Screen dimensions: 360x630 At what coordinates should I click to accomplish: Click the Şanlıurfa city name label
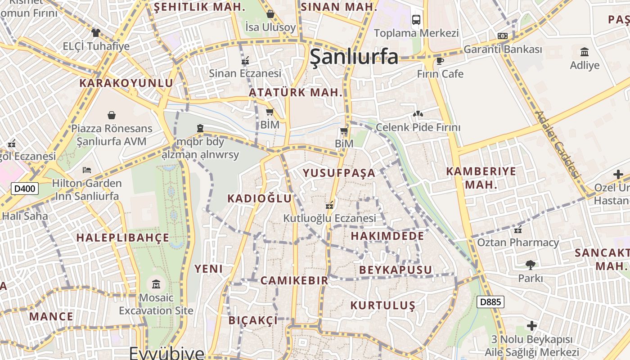coord(354,57)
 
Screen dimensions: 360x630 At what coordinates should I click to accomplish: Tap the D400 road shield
coord(25,189)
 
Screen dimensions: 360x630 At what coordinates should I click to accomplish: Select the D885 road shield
coord(490,302)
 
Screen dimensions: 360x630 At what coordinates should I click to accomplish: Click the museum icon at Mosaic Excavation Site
coord(156,284)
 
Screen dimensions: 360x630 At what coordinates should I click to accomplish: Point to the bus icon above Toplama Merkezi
coord(416,20)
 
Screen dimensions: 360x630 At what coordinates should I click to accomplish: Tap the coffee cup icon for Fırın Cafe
coord(440,60)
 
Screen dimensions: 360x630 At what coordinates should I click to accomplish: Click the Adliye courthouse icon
coord(585,52)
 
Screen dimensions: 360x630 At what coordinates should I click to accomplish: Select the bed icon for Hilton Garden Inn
coord(87,170)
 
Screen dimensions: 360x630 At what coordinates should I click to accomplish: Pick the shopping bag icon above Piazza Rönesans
coord(112,115)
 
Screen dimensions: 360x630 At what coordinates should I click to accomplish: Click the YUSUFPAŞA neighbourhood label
coord(339,173)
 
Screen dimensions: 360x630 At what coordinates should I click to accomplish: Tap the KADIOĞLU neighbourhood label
coord(260,198)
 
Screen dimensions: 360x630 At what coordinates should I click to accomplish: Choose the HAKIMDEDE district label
coord(387,236)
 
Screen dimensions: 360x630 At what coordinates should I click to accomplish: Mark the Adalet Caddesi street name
coord(558,144)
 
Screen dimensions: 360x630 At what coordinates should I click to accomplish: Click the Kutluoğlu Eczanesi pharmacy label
coord(329,218)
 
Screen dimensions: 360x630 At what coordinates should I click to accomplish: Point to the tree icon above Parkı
coord(531,265)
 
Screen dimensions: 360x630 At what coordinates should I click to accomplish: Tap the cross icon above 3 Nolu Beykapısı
coord(532,325)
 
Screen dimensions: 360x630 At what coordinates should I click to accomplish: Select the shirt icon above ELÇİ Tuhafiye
coord(96,32)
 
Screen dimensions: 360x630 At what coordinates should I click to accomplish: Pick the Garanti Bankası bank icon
coord(503,36)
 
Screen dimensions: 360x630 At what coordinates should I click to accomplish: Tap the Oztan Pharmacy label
coord(518,243)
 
